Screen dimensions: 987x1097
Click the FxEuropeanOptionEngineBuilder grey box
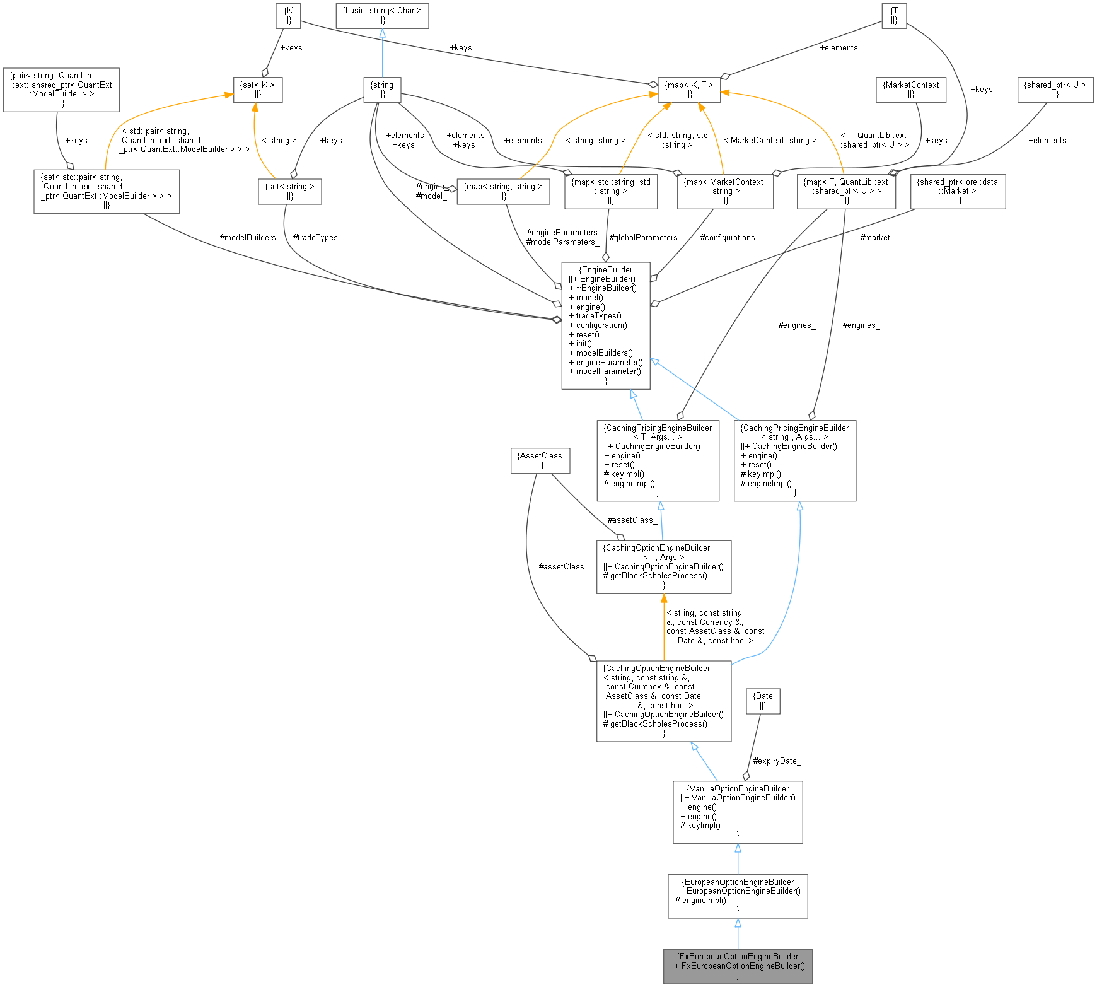point(738,966)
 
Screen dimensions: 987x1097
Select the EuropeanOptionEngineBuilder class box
point(738,896)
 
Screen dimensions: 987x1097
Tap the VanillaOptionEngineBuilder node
point(738,812)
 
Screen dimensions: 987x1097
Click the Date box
point(763,701)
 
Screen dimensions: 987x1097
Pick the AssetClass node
point(540,460)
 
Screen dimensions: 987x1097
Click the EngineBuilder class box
point(605,325)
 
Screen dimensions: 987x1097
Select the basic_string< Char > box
point(382,15)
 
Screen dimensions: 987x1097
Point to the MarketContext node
point(910,90)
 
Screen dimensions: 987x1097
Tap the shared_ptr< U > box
point(1055,90)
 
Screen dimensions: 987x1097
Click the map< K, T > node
point(688,90)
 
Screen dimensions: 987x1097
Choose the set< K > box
point(257,90)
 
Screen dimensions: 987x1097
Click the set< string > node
point(289,191)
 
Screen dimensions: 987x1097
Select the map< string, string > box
point(502,191)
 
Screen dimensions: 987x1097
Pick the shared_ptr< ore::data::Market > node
point(957,191)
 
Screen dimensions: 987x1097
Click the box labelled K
point(288,15)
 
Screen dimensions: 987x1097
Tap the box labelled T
point(893,15)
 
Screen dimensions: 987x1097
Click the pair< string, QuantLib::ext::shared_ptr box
point(61,90)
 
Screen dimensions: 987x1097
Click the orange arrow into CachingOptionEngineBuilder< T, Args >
point(664,624)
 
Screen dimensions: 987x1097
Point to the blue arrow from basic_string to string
point(382,54)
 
